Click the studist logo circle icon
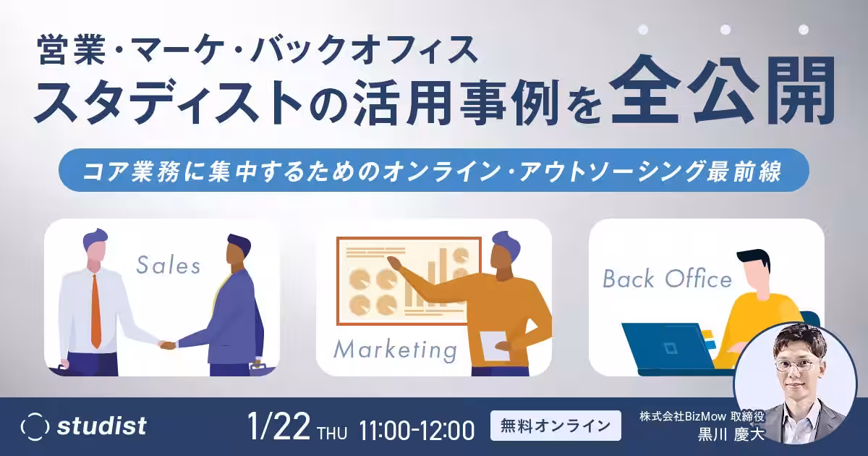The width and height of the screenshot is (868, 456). pos(35,426)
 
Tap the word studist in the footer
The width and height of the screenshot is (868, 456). pos(101,426)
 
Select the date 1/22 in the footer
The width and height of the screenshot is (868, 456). pos(278,426)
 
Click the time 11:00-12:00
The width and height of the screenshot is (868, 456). pos(417,429)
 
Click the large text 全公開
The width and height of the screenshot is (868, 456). pos(723,91)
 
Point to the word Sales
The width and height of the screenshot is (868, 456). pos(168,266)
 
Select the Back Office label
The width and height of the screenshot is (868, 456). pos(667,279)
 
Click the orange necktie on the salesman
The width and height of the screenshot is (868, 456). pos(95,311)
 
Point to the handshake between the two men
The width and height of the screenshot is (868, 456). pos(168,345)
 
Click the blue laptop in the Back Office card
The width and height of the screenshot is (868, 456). pos(668,346)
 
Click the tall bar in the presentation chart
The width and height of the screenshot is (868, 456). pos(443,277)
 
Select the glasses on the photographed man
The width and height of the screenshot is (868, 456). pos(794,366)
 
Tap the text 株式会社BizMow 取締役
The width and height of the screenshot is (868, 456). pos(702,416)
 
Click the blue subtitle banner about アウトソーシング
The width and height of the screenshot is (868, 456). pos(434,170)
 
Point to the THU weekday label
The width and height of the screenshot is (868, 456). pos(332,433)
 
